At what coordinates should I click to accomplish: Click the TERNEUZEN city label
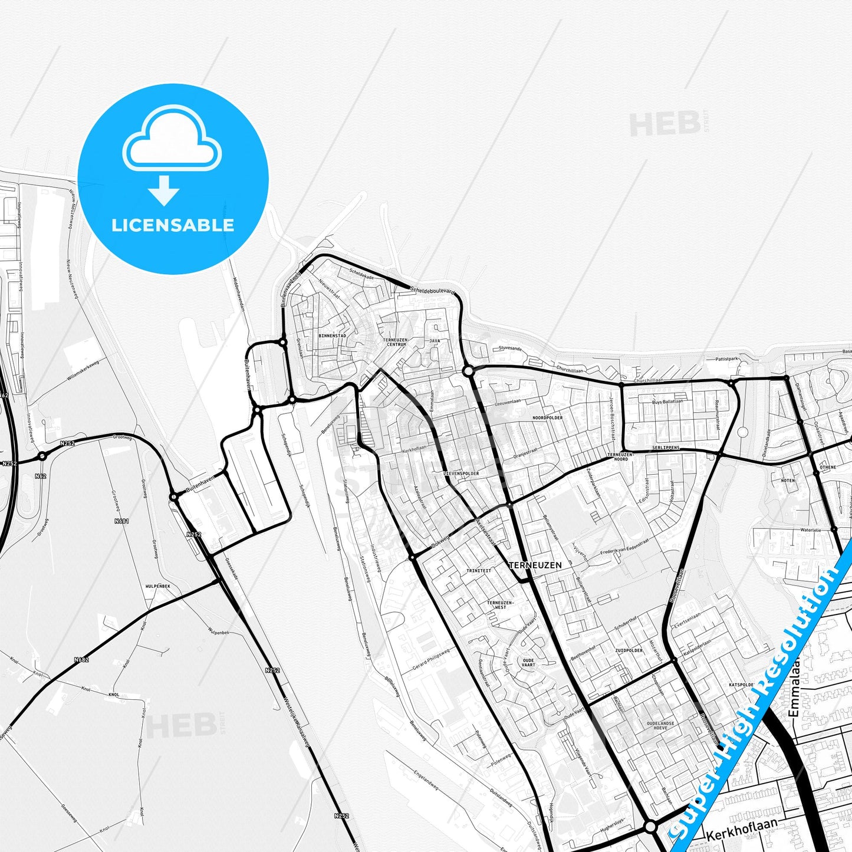pos(535,565)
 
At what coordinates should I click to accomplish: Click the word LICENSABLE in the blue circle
pos(173,225)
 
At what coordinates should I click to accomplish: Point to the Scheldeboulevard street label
pos(433,291)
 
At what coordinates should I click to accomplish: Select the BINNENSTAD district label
pos(332,335)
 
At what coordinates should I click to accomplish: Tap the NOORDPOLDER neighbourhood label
pos(547,417)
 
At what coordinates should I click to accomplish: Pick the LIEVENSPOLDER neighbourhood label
pos(461,473)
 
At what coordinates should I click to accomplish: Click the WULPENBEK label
pos(157,587)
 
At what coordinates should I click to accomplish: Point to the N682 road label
pos(81,659)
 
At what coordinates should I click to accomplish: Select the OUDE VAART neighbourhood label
pos(528,663)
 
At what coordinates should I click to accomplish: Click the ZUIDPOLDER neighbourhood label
pos(629,650)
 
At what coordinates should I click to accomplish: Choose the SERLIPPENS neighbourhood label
pos(666,448)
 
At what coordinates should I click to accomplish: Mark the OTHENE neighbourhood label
pos(828,467)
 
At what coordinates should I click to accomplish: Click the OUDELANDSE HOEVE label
pos(660,725)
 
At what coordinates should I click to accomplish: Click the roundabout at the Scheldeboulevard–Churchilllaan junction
pos(468,371)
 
